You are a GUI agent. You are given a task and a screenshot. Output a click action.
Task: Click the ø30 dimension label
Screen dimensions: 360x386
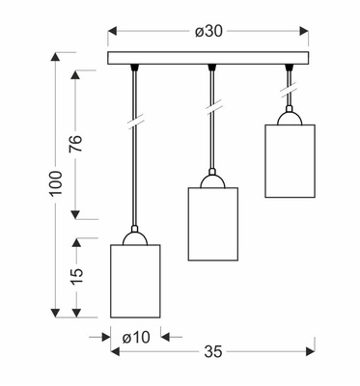(x=208, y=31)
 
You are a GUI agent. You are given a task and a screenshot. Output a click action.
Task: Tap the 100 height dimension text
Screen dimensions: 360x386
(x=56, y=183)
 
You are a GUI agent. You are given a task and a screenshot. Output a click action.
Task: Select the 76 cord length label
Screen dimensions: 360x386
(x=76, y=144)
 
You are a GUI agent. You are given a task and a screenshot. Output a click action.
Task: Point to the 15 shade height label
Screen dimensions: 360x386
(x=76, y=276)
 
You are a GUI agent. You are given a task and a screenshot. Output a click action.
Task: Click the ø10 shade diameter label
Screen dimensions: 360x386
(x=136, y=338)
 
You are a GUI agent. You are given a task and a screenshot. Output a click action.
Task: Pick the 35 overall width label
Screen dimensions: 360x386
(x=213, y=351)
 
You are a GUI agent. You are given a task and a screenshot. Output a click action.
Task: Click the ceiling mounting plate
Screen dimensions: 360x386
(x=208, y=58)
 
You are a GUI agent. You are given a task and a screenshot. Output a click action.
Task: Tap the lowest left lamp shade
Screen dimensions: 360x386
(x=135, y=281)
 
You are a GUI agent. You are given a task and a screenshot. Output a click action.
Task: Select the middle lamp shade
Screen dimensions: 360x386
(x=213, y=224)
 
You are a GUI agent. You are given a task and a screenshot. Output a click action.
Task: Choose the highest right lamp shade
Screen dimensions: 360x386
(x=291, y=161)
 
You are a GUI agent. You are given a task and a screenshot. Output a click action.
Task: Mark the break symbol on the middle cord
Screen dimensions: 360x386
(x=213, y=106)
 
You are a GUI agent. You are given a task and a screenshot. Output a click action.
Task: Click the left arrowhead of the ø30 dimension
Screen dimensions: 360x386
(x=112, y=31)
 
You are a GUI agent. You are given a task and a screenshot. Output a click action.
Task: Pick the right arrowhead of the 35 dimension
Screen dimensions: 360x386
(x=311, y=351)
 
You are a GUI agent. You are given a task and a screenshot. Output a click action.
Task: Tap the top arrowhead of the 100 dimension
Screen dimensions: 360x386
(x=56, y=56)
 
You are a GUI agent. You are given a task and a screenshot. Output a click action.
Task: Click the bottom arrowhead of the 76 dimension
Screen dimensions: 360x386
(x=75, y=215)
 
